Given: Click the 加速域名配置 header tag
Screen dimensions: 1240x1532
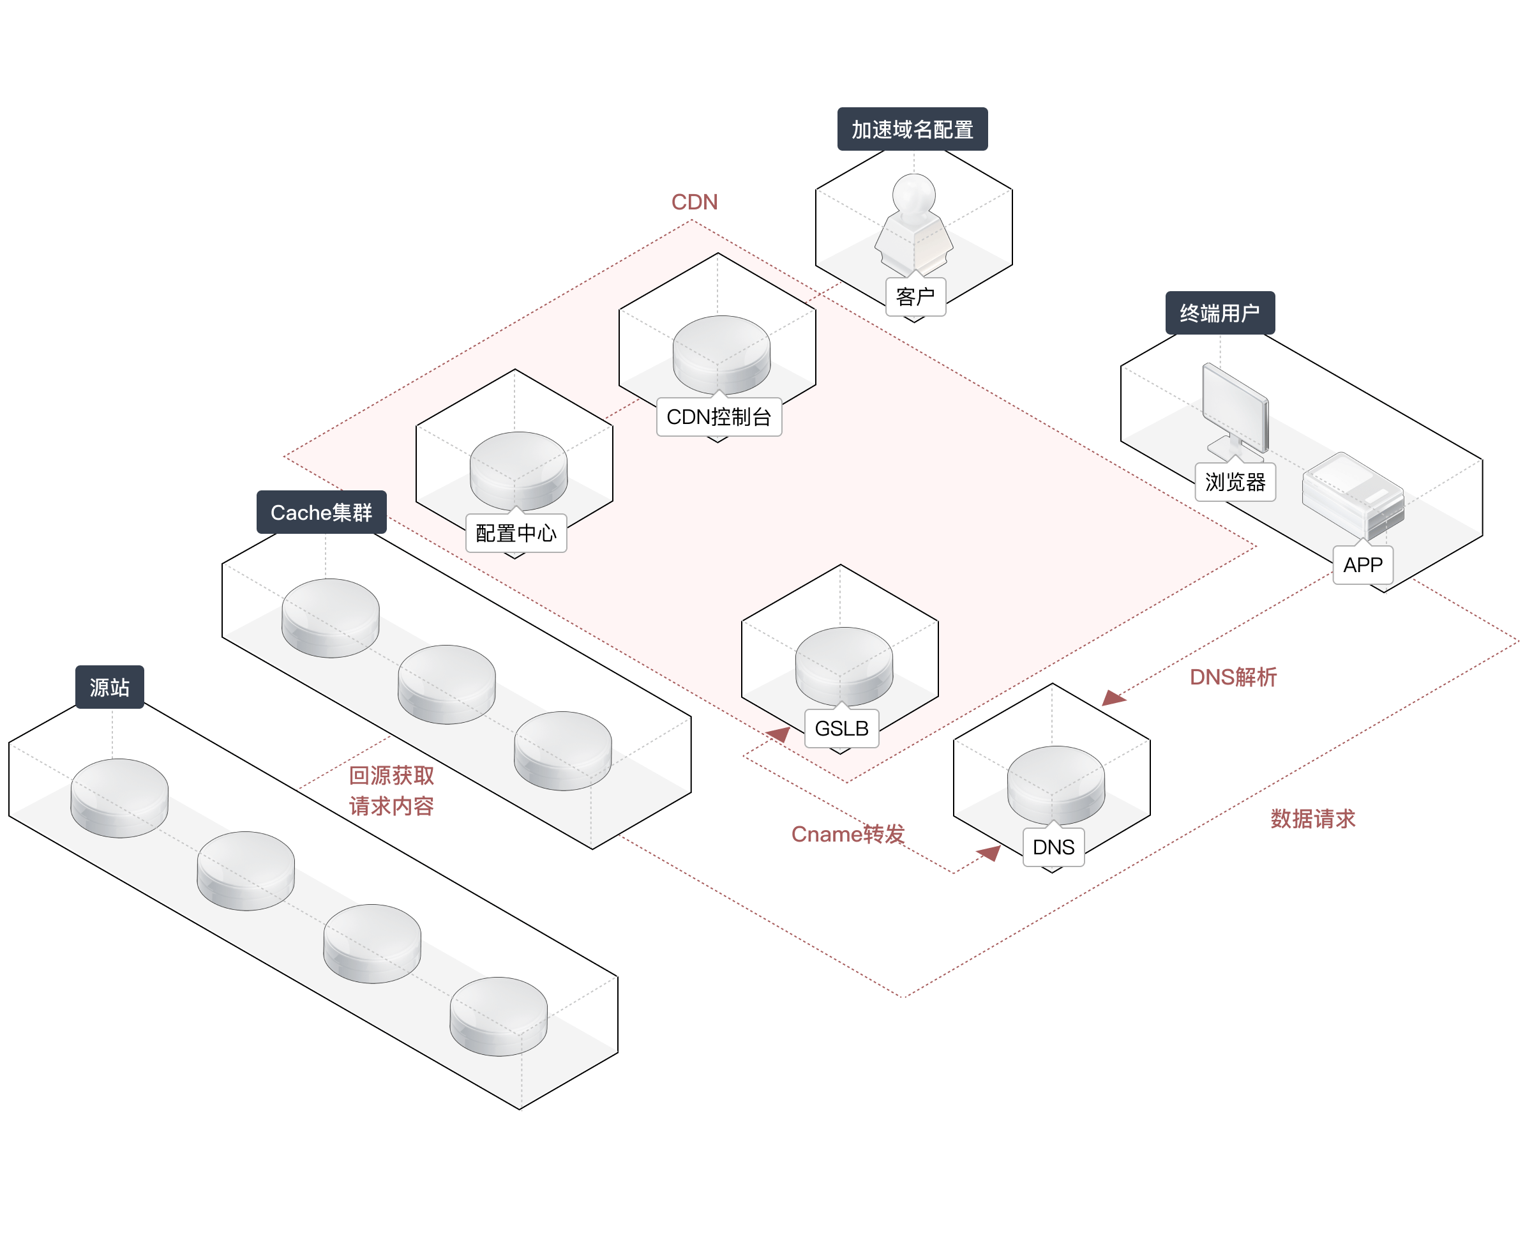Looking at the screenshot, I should coord(912,129).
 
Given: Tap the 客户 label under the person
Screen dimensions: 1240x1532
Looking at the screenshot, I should coord(915,296).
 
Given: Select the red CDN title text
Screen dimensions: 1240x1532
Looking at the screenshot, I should coord(694,202).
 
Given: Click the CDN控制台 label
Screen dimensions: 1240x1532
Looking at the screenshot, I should coord(718,417).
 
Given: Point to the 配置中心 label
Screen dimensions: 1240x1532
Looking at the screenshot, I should coord(515,533).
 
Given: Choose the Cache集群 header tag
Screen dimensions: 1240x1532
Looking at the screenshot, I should coord(321,512).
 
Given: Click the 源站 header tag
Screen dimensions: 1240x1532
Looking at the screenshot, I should coord(109,687).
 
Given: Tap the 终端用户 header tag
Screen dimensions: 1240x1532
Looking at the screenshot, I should coord(1219,313).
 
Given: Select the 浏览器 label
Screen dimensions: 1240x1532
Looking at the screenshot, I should coord(1235,482).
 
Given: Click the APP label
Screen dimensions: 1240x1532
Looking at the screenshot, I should coord(1363,565).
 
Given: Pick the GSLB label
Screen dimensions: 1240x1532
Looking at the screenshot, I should coord(841,729).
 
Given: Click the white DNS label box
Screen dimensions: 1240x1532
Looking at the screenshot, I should coord(1053,847).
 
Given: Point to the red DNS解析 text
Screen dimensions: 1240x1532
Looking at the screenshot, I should coord(1233,677).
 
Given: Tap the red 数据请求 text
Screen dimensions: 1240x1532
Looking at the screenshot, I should coord(1312,819).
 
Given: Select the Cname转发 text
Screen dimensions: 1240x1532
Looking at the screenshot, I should coord(847,833).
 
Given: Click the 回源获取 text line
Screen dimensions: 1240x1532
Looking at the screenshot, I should coord(391,776).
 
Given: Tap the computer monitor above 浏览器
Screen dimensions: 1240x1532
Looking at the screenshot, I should coord(1235,407).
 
